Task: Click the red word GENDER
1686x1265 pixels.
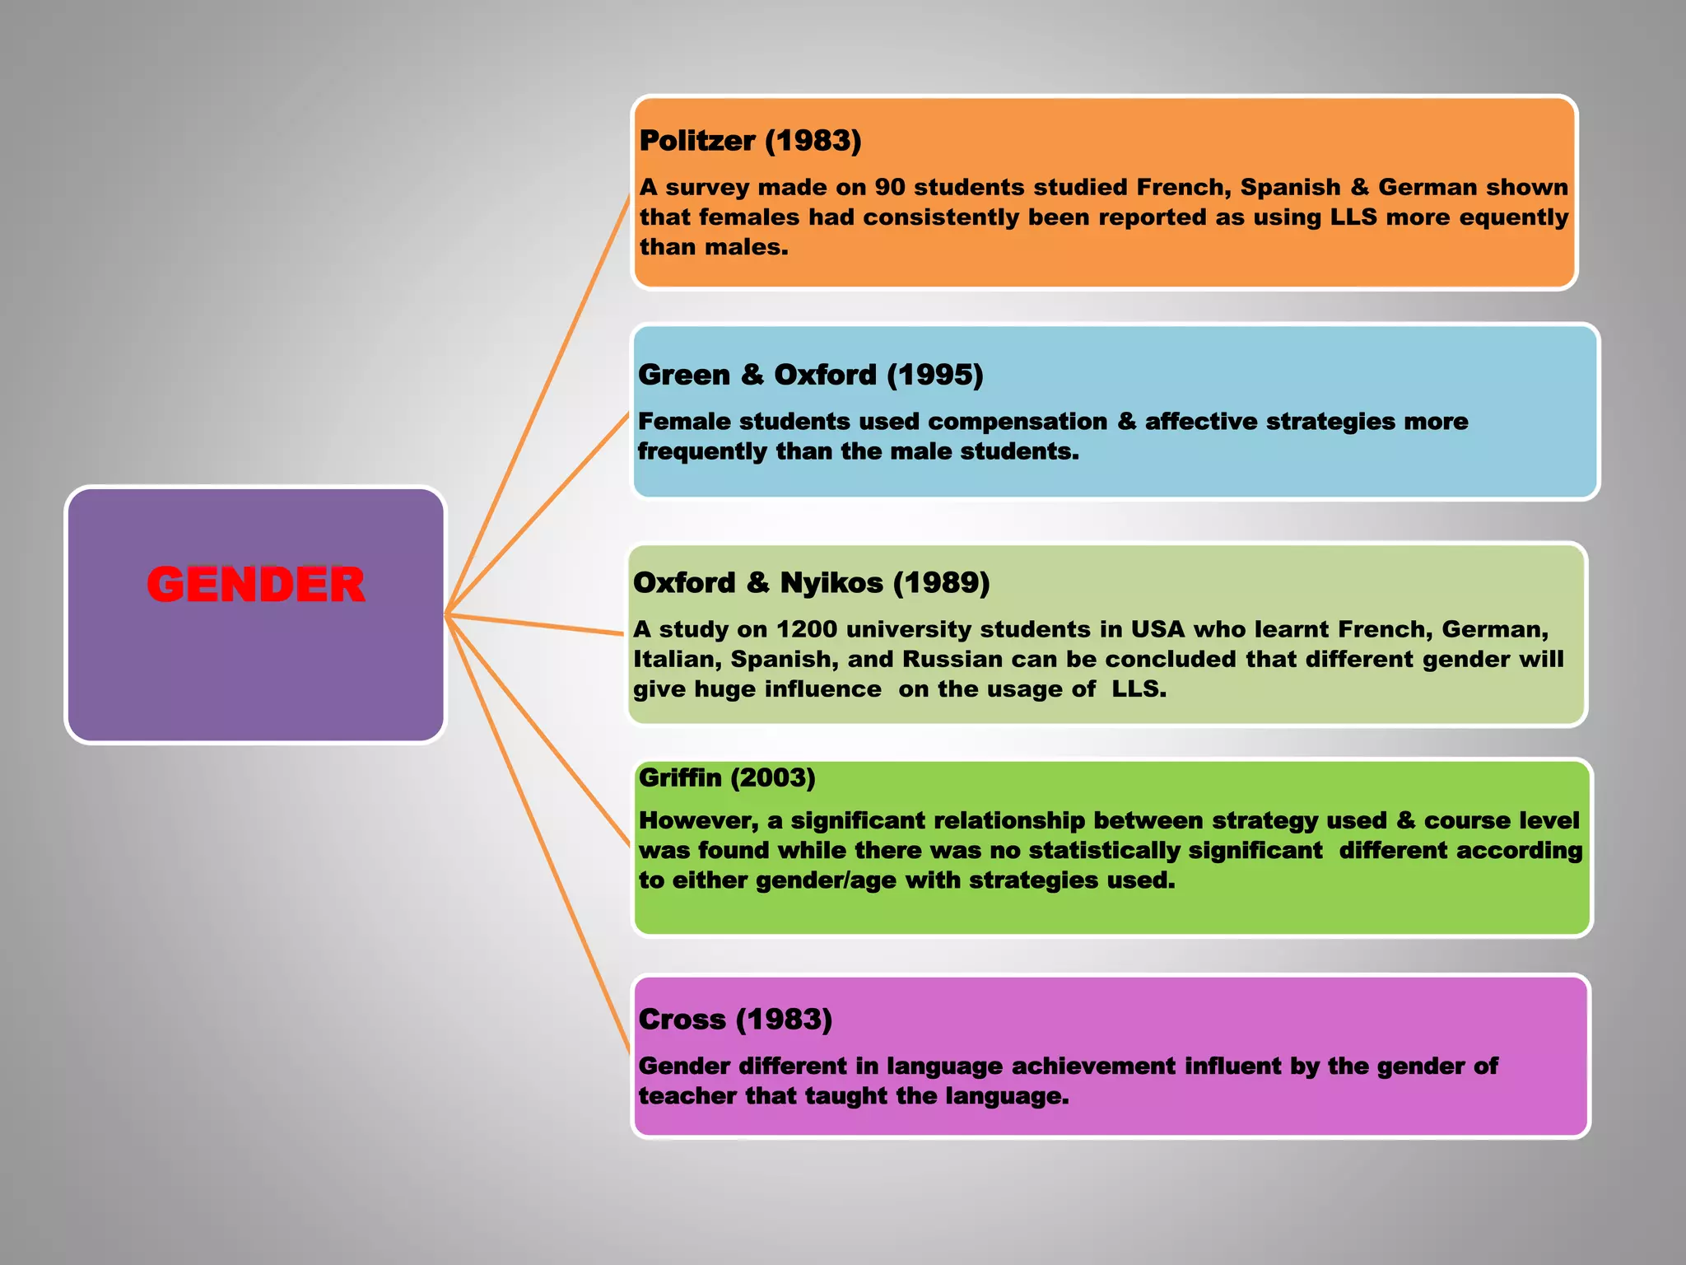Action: pos(255,585)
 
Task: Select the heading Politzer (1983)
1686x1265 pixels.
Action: pos(750,141)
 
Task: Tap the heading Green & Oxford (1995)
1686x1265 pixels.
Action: pos(810,375)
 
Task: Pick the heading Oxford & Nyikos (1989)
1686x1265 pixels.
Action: pos(811,583)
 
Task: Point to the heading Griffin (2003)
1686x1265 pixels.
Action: pos(727,777)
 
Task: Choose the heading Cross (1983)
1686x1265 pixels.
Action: pos(735,1020)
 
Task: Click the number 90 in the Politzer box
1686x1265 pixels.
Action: pos(889,188)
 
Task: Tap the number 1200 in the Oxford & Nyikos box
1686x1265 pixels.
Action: pos(807,629)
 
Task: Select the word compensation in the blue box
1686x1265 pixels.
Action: pos(1018,422)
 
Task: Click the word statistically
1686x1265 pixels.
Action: pos(1105,851)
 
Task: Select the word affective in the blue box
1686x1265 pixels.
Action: pos(1200,422)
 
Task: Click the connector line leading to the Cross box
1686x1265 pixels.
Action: pos(539,836)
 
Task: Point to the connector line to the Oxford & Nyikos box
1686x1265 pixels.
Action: pos(535,624)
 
